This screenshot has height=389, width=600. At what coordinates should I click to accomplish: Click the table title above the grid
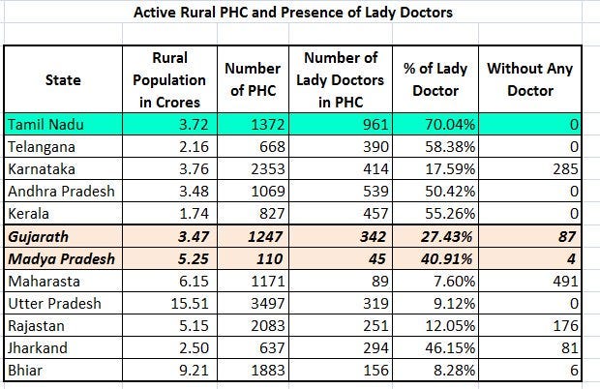pos(292,13)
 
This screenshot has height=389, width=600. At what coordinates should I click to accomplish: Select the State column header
pos(63,80)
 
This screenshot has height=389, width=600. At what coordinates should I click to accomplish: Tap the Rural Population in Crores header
pos(169,80)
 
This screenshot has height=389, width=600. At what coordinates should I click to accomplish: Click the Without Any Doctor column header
pos(530,79)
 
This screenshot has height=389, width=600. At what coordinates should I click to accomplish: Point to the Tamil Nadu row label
pos(45,125)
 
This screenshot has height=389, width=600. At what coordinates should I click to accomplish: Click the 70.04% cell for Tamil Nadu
pos(450,125)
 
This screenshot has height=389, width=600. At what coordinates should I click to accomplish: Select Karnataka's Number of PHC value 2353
pos(268,169)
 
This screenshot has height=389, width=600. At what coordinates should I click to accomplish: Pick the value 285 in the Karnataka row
pos(565,169)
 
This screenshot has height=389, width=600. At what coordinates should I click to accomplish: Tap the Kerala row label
pos(29,214)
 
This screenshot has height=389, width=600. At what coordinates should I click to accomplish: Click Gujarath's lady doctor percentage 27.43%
pos(447,237)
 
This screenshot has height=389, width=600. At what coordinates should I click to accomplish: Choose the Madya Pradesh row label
pos(62,259)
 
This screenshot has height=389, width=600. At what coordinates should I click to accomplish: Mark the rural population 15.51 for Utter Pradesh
pos(190,304)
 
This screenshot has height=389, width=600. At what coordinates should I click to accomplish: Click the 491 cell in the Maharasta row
pos(565,282)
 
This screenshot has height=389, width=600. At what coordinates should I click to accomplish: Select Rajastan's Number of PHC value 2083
pos(268,326)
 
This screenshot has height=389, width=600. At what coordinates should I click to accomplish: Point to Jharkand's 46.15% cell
pos(450,348)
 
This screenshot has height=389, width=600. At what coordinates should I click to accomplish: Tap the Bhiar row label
pos(25,371)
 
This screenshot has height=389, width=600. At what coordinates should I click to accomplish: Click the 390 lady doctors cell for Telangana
pos(375,147)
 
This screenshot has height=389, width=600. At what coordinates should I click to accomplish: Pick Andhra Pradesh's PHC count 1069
pos(268,192)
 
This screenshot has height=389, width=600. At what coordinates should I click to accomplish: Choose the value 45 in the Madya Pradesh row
pos(376,259)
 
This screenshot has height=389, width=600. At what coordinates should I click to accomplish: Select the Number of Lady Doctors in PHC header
pos(341,80)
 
